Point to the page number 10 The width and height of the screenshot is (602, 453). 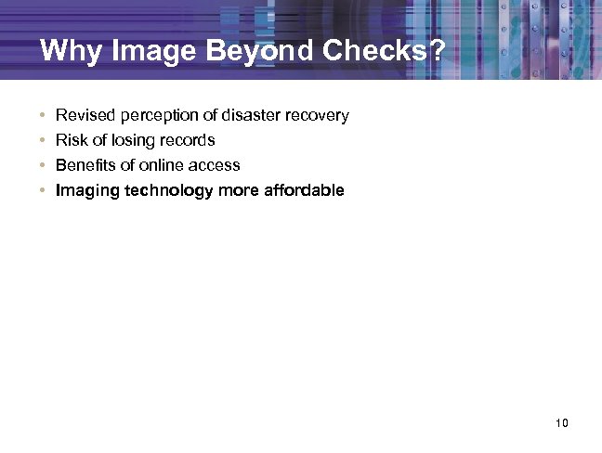(560, 423)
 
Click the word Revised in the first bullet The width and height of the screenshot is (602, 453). (82, 116)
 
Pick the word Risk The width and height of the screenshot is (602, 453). (72, 141)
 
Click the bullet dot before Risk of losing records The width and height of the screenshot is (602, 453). (43, 141)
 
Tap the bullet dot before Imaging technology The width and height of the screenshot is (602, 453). (43, 191)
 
